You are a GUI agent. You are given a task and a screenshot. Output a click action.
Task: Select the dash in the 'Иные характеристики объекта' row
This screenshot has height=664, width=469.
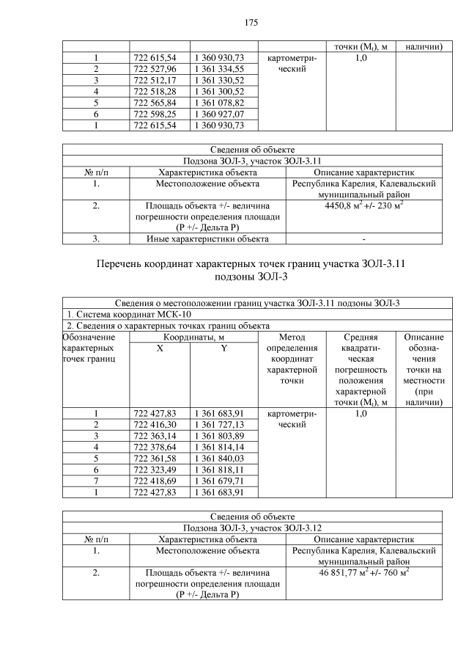pos(364,238)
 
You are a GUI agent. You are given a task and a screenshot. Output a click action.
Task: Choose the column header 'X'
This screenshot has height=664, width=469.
pos(160,349)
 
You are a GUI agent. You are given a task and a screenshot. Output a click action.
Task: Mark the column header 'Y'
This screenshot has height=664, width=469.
pos(224,349)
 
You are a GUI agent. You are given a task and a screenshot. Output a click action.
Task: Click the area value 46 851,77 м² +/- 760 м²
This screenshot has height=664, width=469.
pos(364,572)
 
